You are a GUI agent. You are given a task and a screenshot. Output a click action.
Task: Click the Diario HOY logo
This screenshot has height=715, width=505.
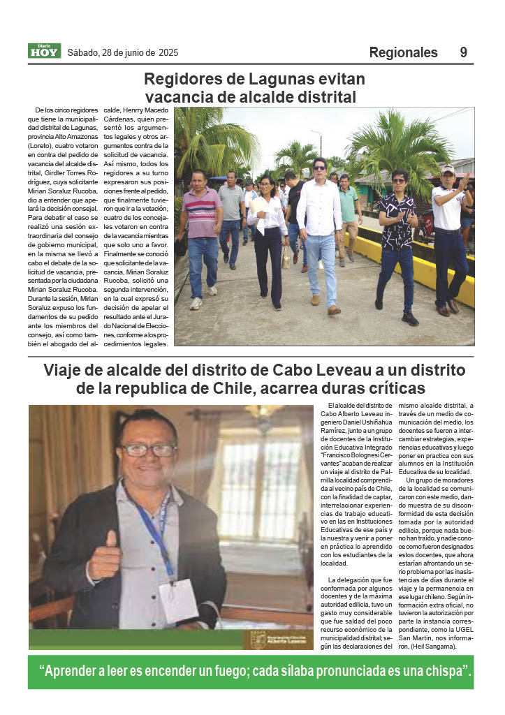[44, 51]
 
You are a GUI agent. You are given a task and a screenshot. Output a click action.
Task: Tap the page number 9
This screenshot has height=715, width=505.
[464, 52]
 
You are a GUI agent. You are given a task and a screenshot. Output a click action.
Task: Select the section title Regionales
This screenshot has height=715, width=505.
[403, 52]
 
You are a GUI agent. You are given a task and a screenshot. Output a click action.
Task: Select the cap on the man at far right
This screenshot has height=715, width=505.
[448, 169]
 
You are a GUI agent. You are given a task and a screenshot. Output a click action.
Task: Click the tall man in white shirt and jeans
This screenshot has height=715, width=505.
[319, 223]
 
